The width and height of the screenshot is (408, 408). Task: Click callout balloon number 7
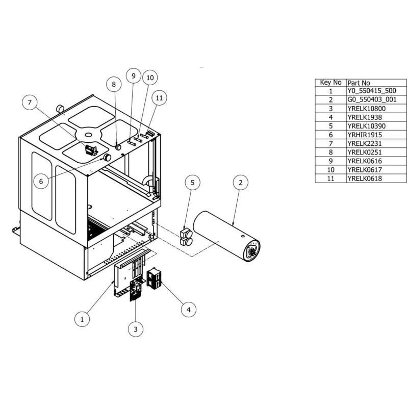[30, 103]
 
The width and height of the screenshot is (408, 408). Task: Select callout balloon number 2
[241, 182]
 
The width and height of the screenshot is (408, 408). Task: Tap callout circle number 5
[192, 182]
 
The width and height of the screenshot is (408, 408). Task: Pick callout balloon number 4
[188, 309]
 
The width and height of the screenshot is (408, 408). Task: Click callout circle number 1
[82, 319]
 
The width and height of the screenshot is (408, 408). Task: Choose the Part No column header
[359, 83]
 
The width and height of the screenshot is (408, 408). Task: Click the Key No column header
[330, 83]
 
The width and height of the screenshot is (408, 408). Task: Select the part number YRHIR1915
[364, 135]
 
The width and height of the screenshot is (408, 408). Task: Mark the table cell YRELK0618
[364, 178]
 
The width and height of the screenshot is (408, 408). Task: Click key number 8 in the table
[330, 152]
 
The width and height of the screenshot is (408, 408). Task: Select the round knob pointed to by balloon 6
[108, 158]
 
